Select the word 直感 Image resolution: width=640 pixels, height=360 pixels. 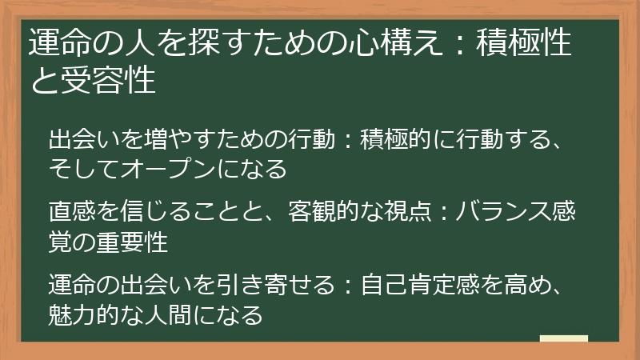(x=73, y=213)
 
